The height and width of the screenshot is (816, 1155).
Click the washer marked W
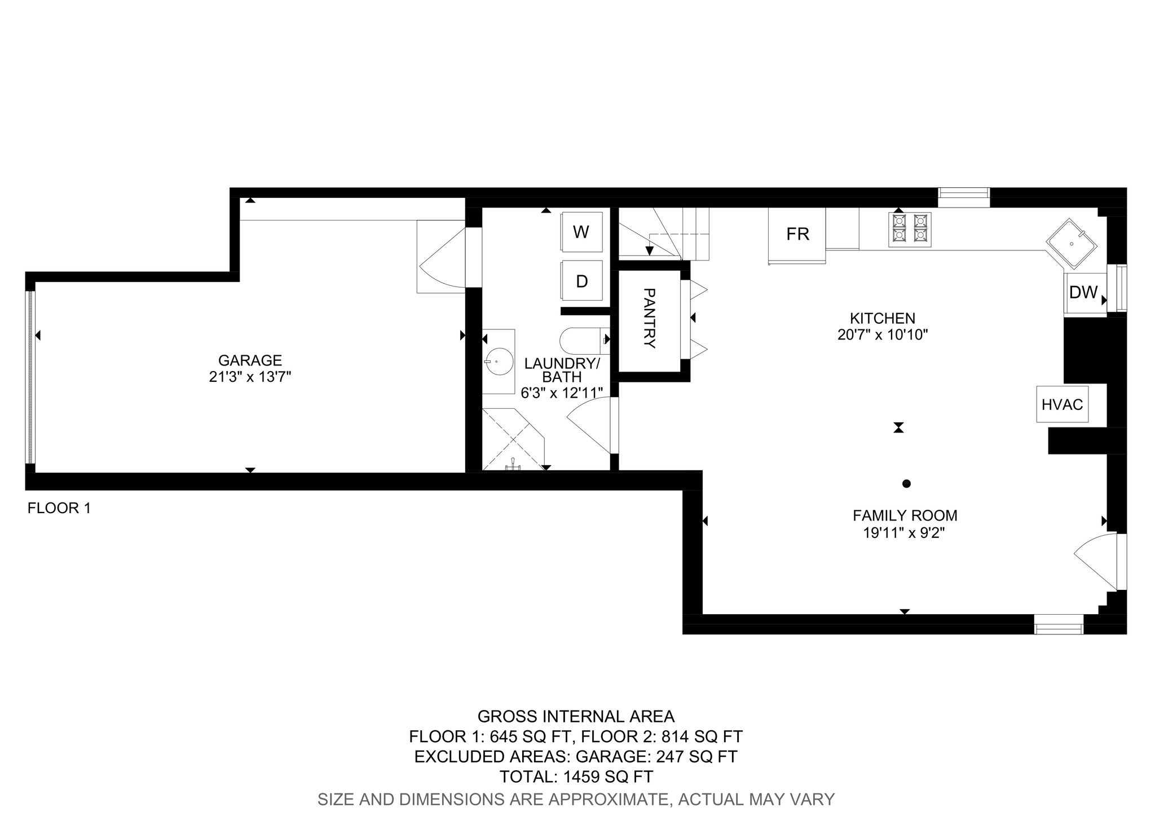pyautogui.click(x=581, y=232)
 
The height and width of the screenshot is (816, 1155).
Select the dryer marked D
pyautogui.click(x=581, y=281)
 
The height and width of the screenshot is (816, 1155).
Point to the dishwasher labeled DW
pyautogui.click(x=1085, y=293)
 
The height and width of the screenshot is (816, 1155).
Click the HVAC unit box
pyautogui.click(x=1062, y=404)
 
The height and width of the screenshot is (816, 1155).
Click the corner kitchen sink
pyautogui.click(x=1071, y=242)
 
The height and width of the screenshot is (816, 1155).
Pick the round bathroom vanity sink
pyautogui.click(x=499, y=361)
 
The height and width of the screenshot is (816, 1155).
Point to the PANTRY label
pyautogui.click(x=649, y=319)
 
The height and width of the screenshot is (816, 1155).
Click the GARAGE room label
pyautogui.click(x=250, y=360)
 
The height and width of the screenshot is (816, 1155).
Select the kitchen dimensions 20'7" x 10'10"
pyautogui.click(x=883, y=335)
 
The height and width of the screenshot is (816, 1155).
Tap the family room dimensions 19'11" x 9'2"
pyautogui.click(x=904, y=532)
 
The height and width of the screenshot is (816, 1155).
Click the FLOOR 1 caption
pyautogui.click(x=59, y=508)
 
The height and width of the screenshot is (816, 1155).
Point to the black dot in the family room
pyautogui.click(x=906, y=483)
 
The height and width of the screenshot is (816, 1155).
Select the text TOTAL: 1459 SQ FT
pyautogui.click(x=576, y=777)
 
